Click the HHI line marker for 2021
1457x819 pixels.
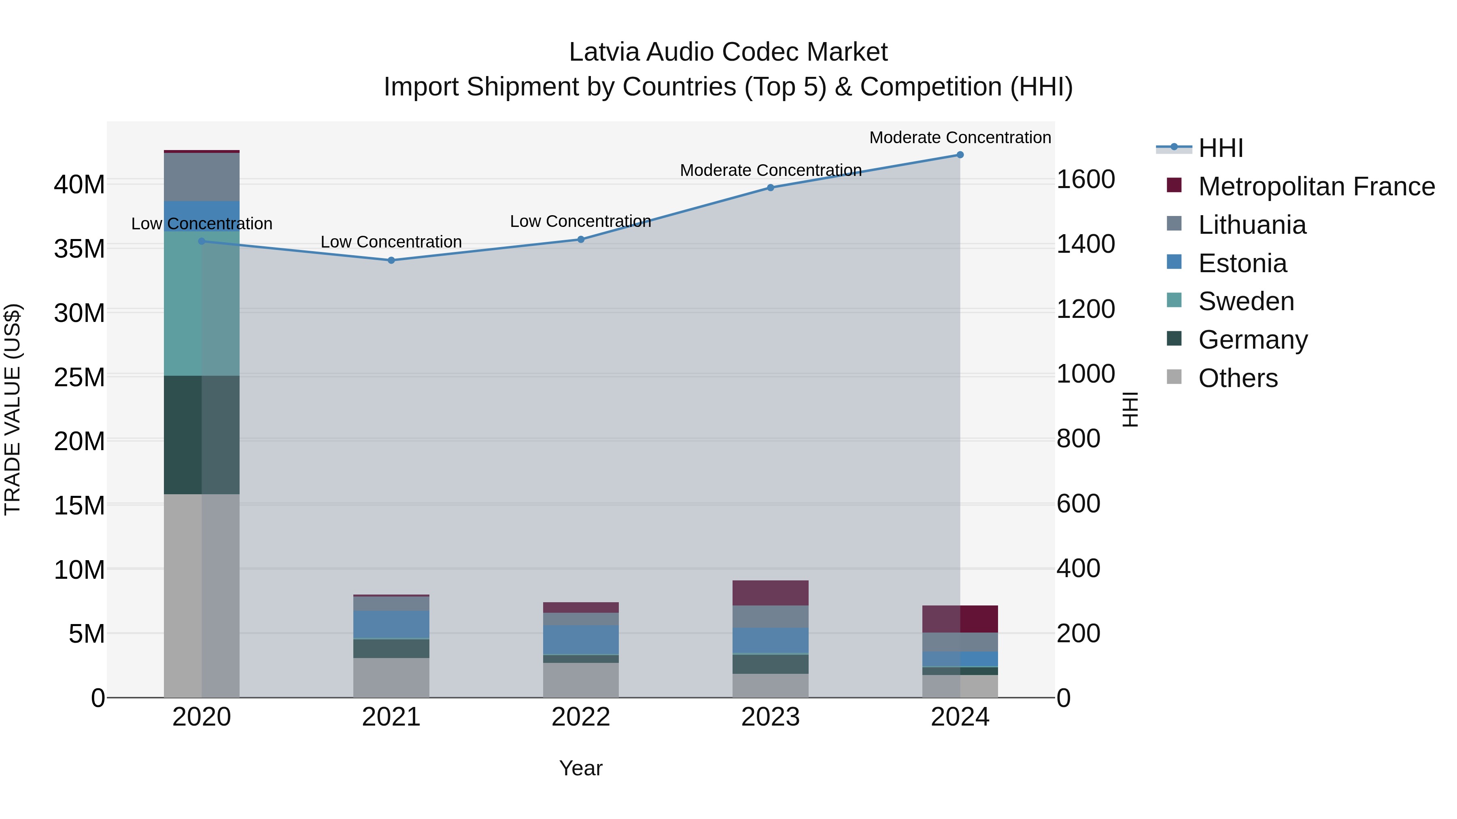click(x=391, y=260)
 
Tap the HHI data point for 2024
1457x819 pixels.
click(x=960, y=155)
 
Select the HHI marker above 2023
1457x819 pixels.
click(x=770, y=188)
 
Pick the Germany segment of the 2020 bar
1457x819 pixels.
click(x=202, y=435)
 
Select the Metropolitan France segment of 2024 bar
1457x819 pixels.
click(x=960, y=619)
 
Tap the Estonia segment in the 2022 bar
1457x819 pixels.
click(x=581, y=639)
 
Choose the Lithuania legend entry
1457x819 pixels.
click(x=1252, y=225)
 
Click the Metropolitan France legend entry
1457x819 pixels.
click(x=1316, y=186)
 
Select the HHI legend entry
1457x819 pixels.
click(x=1220, y=148)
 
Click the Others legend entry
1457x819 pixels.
click(x=1238, y=378)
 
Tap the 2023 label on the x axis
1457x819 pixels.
click(x=770, y=717)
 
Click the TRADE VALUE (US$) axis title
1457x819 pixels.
click(x=13, y=409)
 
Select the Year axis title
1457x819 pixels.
click(x=581, y=768)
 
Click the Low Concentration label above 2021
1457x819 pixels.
click(x=391, y=242)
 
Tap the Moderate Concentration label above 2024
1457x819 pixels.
click(x=960, y=138)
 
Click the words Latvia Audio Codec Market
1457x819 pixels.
click(x=728, y=52)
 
